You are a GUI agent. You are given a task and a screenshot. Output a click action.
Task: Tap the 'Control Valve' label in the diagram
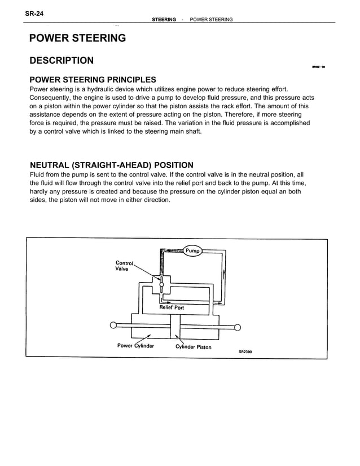coord(124,266)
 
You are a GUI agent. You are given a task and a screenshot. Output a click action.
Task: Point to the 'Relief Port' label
coord(172,307)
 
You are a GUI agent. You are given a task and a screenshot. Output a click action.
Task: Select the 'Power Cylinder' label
coord(135,346)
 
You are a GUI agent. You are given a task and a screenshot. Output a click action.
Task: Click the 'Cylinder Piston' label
coord(193,347)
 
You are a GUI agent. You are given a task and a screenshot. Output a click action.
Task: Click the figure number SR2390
coord(245,351)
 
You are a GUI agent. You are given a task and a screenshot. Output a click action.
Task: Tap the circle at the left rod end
coord(113,325)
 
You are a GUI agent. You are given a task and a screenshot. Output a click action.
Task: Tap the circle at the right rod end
coord(238,327)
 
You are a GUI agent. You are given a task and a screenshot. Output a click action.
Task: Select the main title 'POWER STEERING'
coord(77,38)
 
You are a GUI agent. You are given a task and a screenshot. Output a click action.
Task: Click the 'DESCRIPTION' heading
coord(62,60)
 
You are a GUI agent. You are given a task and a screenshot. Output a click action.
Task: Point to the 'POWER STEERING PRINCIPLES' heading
coord(93,80)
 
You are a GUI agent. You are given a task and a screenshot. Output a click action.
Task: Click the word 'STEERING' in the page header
coord(164,20)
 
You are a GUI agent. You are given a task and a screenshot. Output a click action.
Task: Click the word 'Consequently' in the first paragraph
coord(50,98)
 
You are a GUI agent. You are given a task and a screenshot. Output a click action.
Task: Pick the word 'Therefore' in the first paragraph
coord(231,114)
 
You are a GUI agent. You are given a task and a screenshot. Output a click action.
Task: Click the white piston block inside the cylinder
coord(175,326)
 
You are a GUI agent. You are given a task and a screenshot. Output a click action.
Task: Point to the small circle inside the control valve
coord(162,284)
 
